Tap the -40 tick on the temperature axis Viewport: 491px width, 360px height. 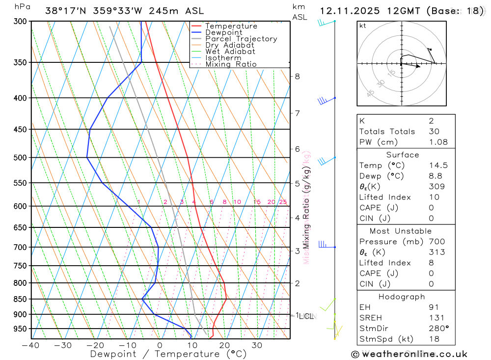tap(30, 345)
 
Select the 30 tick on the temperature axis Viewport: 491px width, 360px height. tap(257, 345)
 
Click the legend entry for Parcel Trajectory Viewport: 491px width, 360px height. tap(241, 39)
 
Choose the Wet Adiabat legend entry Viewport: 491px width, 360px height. tap(230, 52)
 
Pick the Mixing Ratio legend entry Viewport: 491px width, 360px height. tap(231, 64)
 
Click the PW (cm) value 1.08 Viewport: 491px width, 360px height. tap(438, 142)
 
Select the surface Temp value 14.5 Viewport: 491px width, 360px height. tap(438, 166)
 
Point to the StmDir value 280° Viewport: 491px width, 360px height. tap(438, 329)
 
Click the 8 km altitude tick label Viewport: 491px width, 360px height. tap(297, 76)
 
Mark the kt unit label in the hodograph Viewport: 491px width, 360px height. tap(363, 26)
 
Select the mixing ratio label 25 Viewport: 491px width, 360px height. tap(283, 202)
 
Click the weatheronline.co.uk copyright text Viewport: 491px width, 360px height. tap(409, 354)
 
